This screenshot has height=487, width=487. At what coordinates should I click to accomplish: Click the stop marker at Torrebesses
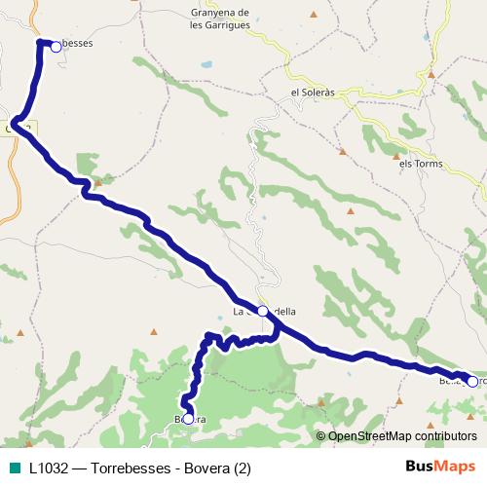(x=56, y=45)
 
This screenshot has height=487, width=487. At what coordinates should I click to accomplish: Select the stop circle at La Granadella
(x=262, y=311)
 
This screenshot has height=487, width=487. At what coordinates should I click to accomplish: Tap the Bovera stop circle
(x=188, y=419)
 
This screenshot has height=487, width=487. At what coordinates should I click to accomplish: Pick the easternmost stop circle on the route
(x=471, y=382)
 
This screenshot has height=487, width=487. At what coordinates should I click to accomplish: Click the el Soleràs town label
(x=313, y=93)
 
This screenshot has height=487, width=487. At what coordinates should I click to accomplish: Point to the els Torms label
(x=421, y=164)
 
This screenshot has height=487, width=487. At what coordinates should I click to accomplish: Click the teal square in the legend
(x=14, y=468)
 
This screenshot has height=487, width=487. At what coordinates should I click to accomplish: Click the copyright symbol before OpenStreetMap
(x=320, y=436)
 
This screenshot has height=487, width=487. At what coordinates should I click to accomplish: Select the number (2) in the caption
(x=243, y=468)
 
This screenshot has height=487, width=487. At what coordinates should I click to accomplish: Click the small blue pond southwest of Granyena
(x=206, y=65)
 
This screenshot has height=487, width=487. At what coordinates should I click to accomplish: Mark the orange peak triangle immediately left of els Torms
(x=396, y=155)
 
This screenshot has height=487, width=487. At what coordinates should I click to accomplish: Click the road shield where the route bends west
(x=17, y=128)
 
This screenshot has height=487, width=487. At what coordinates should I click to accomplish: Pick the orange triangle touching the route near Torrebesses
(x=96, y=181)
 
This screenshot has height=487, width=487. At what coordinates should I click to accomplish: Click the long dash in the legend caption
(x=82, y=468)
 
